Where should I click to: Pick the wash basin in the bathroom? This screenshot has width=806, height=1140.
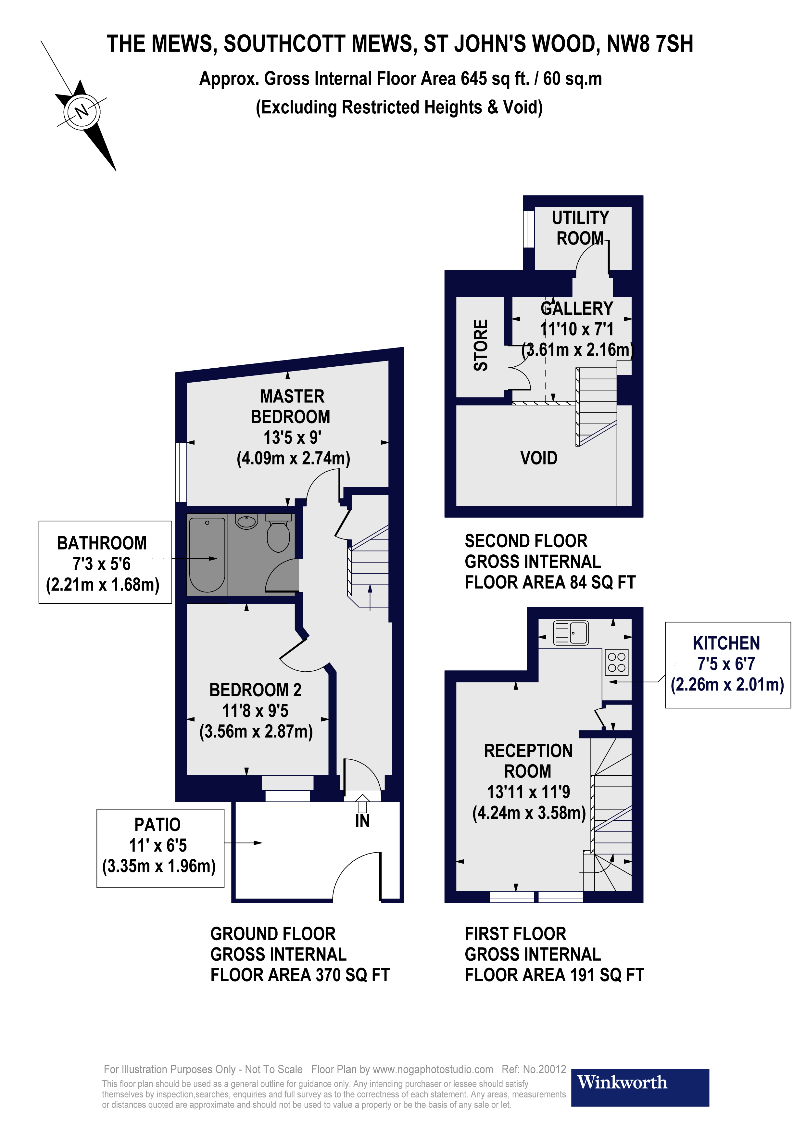pyautogui.click(x=246, y=522)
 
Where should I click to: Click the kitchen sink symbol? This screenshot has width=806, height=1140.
pyautogui.click(x=571, y=633)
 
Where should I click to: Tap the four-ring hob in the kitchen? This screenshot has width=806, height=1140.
pyautogui.click(x=616, y=662)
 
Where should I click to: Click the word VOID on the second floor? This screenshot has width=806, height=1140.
pyautogui.click(x=538, y=458)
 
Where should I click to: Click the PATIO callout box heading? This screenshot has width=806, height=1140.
pyautogui.click(x=157, y=825)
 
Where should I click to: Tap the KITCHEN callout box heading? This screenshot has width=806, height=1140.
pyautogui.click(x=726, y=643)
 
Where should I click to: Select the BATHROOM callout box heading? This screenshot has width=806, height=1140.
pyautogui.click(x=102, y=543)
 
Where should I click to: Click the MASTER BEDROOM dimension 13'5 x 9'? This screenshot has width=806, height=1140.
pyautogui.click(x=292, y=437)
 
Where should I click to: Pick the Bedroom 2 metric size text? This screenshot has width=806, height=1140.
pyautogui.click(x=256, y=731)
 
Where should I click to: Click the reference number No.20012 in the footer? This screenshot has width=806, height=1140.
pyautogui.click(x=545, y=1069)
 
